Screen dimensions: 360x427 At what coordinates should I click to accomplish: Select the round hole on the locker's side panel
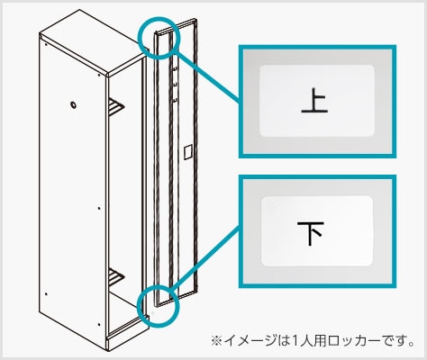pyautogui.click(x=73, y=104)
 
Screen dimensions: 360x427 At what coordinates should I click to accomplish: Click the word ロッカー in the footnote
pyautogui.click(x=359, y=341)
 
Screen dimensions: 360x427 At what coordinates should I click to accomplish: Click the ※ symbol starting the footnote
pyautogui.click(x=216, y=341)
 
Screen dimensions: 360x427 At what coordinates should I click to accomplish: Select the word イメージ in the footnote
pyautogui.click(x=247, y=341)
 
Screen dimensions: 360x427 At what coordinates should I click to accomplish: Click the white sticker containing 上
pyautogui.click(x=314, y=100)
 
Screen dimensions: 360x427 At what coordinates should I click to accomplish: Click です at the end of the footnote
pyautogui.click(x=400, y=341)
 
